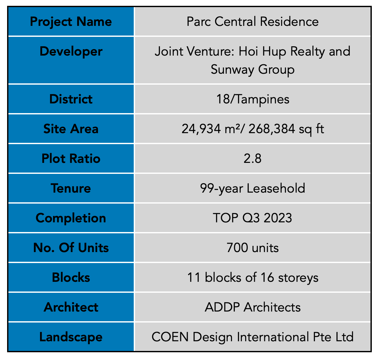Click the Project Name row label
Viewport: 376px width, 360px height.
71,22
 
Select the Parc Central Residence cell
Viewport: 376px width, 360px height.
253,22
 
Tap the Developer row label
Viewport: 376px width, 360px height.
71,52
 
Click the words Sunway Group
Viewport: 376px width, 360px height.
253,69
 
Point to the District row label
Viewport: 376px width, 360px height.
71,99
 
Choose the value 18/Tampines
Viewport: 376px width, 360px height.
253,99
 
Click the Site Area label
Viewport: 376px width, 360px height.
71,129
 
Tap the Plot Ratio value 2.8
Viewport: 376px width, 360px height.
253,159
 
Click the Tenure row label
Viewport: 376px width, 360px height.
71,188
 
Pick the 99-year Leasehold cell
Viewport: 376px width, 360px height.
253,188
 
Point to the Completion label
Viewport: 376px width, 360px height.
71,218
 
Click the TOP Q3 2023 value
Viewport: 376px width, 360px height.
253,218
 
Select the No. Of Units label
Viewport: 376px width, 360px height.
71,248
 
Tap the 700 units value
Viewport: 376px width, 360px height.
253,248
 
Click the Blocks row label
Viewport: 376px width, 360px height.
71,278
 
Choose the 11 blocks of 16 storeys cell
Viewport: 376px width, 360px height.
253,278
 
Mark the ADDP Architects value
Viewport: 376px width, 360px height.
253,307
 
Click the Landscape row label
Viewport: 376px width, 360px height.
71,337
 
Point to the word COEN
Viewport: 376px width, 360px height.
170,337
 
